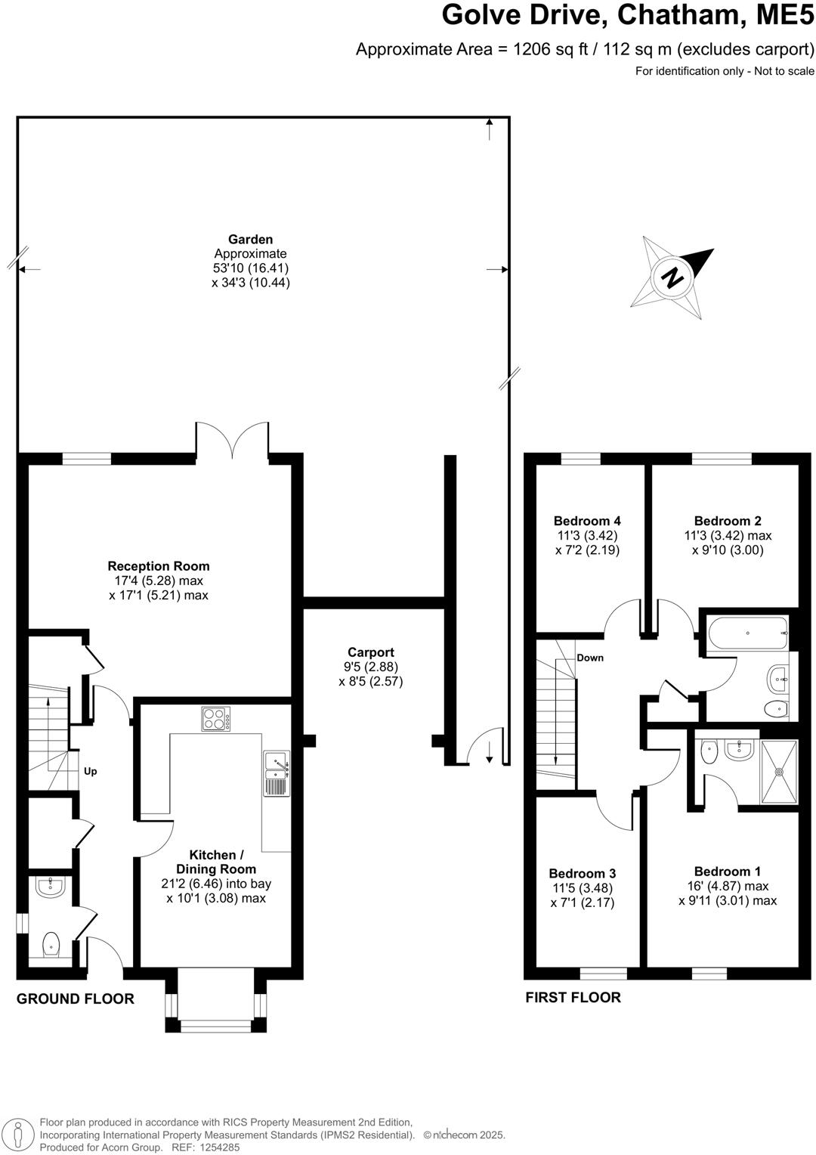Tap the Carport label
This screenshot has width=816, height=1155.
tap(370, 652)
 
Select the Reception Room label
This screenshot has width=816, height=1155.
tap(159, 566)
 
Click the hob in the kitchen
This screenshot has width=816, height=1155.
tap(216, 718)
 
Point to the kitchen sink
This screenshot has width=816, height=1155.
tap(276, 773)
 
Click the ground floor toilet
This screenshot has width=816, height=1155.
tap(51, 944)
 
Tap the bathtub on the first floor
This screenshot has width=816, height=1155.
tap(746, 631)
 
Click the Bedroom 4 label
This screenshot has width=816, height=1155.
tap(587, 521)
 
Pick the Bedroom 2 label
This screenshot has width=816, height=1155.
tap(728, 521)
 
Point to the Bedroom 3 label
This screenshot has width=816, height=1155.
tap(583, 874)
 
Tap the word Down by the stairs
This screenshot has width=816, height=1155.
tap(590, 658)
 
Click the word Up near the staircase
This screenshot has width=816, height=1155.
tap(90, 772)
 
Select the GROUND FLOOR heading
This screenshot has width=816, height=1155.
tap(76, 999)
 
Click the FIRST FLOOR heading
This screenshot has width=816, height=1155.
tap(573, 997)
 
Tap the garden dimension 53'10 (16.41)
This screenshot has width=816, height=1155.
tap(251, 268)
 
